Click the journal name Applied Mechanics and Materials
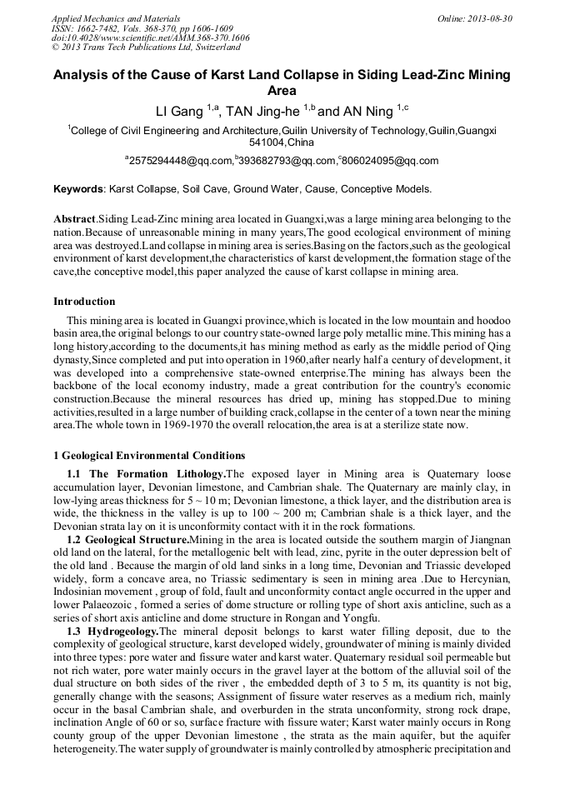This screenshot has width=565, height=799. tap(116, 17)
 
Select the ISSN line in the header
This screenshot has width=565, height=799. tap(142, 27)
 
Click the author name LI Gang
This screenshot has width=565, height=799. tap(181, 111)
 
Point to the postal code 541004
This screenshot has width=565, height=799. tap(267, 142)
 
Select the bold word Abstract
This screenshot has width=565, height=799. tap(75, 218)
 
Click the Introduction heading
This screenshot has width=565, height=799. tap(84, 302)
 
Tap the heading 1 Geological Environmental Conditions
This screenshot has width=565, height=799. tap(149, 456)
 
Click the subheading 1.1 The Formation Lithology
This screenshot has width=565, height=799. tap(146, 473)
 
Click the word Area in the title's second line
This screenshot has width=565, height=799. tap(282, 90)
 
